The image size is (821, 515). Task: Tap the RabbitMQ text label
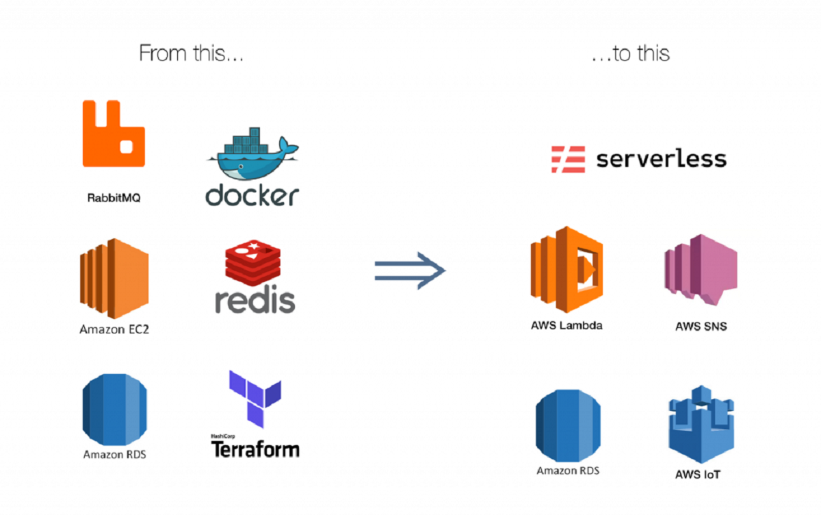(x=114, y=198)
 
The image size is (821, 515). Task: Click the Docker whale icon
(x=253, y=153)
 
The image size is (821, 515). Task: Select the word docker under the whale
(x=252, y=194)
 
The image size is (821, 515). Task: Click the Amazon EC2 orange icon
(x=114, y=279)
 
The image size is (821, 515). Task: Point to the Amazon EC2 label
(x=114, y=329)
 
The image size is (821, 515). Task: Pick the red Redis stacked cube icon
(x=253, y=263)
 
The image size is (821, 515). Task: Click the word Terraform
(x=255, y=449)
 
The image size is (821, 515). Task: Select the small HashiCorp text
(x=223, y=436)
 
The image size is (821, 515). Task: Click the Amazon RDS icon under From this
(x=115, y=410)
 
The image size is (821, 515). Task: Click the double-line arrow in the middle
(x=410, y=271)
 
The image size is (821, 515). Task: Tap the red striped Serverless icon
(x=568, y=159)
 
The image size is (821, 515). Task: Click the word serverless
(x=661, y=159)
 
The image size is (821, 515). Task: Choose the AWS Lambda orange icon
(x=566, y=270)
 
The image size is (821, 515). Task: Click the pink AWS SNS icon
(x=701, y=270)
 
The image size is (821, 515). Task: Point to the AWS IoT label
(x=698, y=475)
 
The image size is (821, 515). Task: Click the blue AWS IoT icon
(x=701, y=424)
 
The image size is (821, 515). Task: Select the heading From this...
(x=191, y=53)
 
